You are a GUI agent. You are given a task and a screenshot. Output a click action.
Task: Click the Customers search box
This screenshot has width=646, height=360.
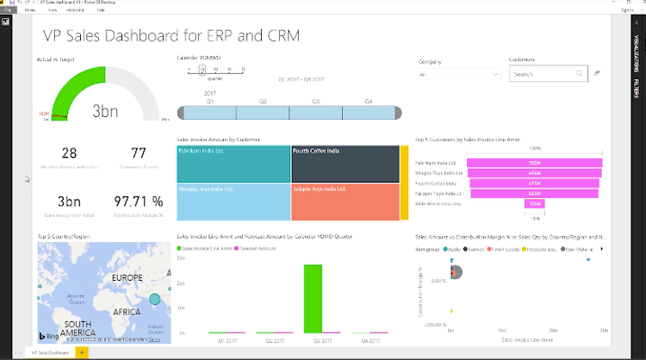tap(543, 75)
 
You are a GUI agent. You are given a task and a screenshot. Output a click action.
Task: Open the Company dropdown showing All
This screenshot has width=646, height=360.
tap(459, 75)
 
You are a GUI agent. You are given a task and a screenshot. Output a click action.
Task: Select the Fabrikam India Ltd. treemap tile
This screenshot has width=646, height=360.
tap(233, 163)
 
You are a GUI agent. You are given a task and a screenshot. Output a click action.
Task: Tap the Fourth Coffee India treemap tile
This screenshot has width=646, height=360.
tap(345, 163)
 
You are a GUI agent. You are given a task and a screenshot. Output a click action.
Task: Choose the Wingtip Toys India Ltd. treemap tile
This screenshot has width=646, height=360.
tap(233, 202)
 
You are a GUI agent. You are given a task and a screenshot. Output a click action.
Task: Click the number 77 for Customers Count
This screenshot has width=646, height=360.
tap(139, 153)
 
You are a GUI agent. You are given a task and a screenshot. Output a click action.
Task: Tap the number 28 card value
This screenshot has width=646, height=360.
tap(70, 153)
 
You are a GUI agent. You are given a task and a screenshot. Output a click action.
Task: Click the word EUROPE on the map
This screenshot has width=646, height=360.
tap(127, 277)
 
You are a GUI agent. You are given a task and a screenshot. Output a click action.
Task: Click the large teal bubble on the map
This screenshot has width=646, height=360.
tap(155, 300)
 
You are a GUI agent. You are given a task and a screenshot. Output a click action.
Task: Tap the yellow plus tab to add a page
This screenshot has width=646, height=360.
tap(82, 352)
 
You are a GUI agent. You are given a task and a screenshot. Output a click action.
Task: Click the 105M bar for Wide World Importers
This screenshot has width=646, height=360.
tap(534, 203)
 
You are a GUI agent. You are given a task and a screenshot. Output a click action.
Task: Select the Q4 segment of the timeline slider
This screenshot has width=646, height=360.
tap(369, 113)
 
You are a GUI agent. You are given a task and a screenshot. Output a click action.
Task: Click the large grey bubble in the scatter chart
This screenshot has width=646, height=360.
tap(457, 273)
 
